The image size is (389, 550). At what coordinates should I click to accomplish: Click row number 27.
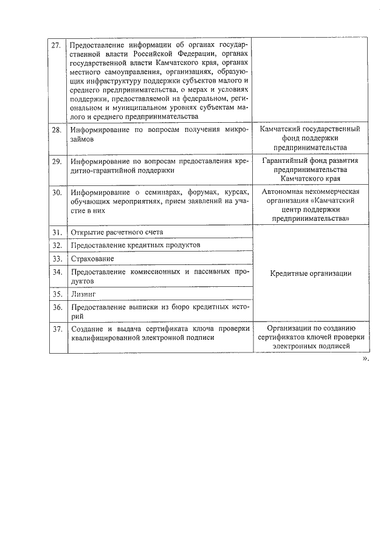57,46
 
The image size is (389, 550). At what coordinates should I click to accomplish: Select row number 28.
57,131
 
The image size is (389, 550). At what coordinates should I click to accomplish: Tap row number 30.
57,193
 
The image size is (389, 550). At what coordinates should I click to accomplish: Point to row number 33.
57,259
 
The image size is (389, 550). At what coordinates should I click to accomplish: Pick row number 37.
57,329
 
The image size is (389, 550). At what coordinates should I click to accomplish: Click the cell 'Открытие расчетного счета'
117,232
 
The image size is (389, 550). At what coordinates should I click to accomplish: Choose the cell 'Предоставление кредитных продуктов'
132,246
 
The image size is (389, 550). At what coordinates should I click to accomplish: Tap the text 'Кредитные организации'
310,273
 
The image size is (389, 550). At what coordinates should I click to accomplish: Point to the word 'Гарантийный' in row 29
284,161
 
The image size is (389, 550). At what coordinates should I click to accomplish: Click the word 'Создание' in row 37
87,329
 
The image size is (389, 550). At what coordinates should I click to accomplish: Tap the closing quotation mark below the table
365,359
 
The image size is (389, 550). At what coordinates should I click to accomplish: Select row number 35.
57,295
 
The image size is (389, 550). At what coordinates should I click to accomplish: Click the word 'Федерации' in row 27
185,55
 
